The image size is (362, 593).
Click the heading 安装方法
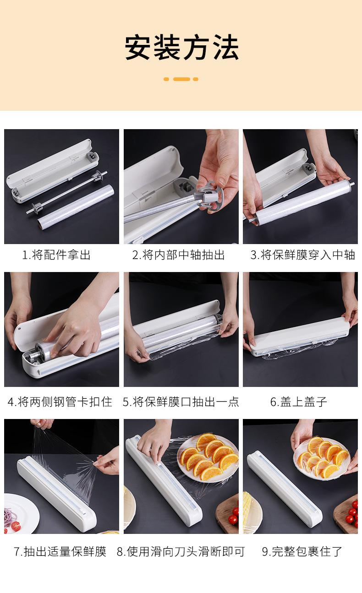click(x=181, y=48)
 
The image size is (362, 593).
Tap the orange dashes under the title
click(x=181, y=79)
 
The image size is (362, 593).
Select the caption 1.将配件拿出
click(x=57, y=255)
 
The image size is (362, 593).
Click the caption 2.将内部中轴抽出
click(x=179, y=255)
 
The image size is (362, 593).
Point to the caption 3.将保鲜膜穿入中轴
click(x=302, y=255)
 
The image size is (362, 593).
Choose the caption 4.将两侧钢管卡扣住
click(x=60, y=402)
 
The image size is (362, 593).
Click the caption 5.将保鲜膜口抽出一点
click(x=181, y=402)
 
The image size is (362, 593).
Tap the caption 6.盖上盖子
click(x=298, y=402)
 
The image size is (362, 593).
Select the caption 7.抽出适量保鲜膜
click(x=60, y=552)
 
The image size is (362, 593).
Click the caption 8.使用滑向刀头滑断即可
click(x=181, y=552)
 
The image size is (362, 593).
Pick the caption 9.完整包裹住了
click(x=302, y=552)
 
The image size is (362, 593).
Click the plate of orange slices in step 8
click(x=208, y=456)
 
